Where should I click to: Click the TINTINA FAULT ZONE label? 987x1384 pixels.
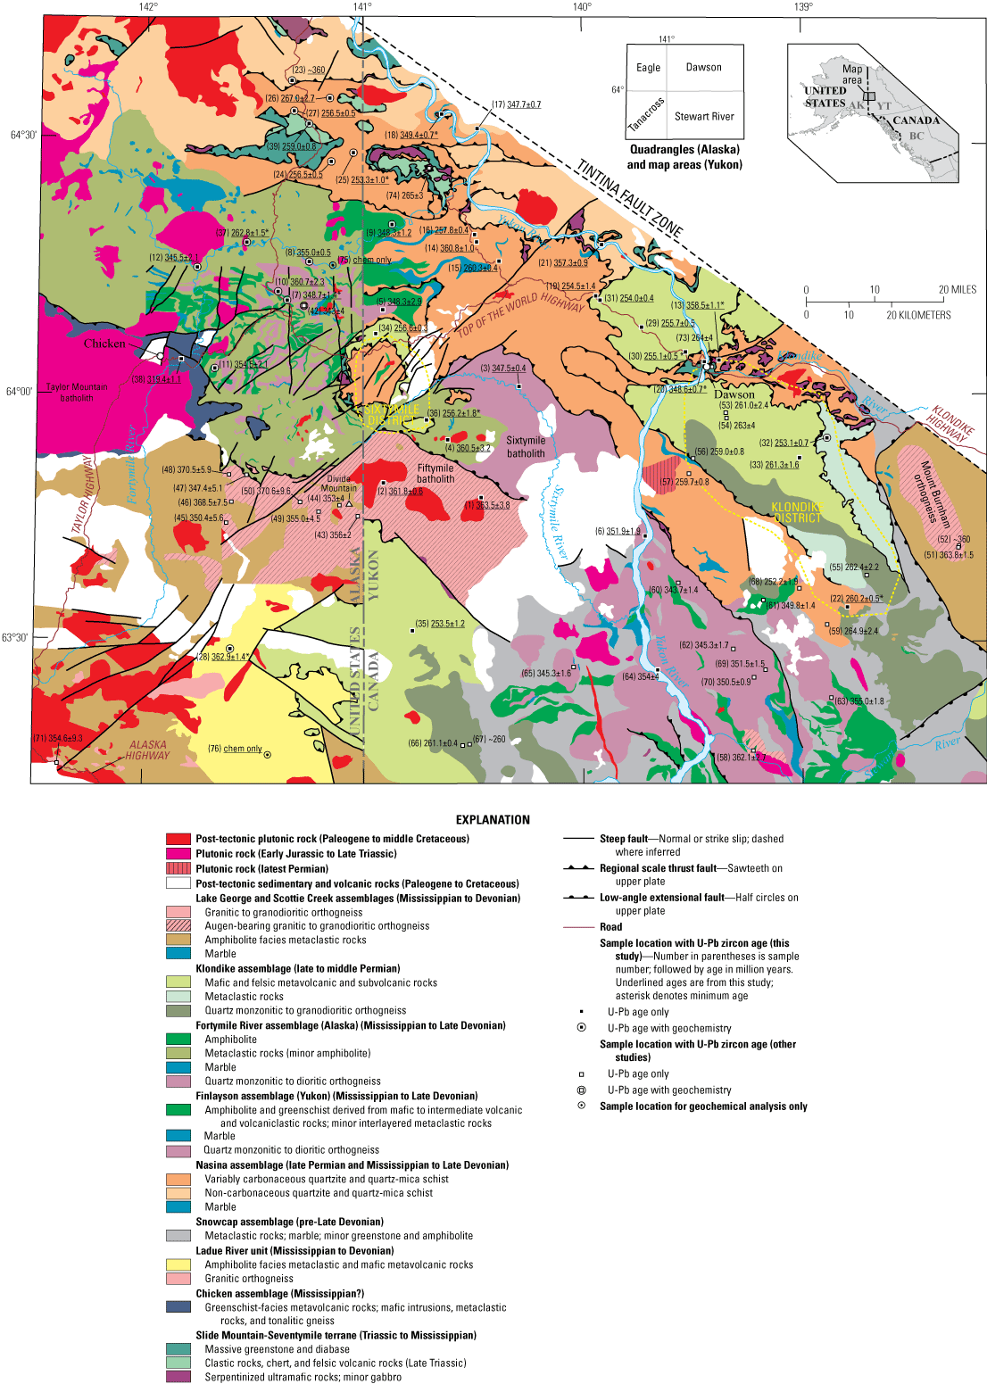pos(630,198)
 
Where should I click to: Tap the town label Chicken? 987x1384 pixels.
pos(104,344)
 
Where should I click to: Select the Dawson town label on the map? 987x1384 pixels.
pos(734,394)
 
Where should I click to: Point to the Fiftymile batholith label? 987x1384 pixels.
pos(435,474)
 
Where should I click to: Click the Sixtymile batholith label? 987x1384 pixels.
pos(526,447)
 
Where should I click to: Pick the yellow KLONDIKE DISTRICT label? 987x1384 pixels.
pos(796,512)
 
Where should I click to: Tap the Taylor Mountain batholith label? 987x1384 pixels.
pos(77,393)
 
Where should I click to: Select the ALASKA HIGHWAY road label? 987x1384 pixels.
pos(147,750)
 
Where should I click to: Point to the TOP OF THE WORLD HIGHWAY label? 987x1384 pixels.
pos(521,315)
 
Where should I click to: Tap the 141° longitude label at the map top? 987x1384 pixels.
pos(361,7)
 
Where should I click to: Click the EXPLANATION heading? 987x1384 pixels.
pos(493,819)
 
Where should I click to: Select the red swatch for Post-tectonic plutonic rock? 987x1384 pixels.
pos(178,839)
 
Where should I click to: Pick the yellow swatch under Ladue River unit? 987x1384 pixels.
pos(178,1264)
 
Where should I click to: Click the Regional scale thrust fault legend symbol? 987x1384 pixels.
pos(578,868)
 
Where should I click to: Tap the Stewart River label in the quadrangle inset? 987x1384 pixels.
pos(704,116)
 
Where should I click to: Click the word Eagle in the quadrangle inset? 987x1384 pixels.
pos(648,68)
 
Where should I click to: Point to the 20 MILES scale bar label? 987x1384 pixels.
pos(957,290)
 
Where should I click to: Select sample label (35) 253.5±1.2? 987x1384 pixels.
pos(441,624)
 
